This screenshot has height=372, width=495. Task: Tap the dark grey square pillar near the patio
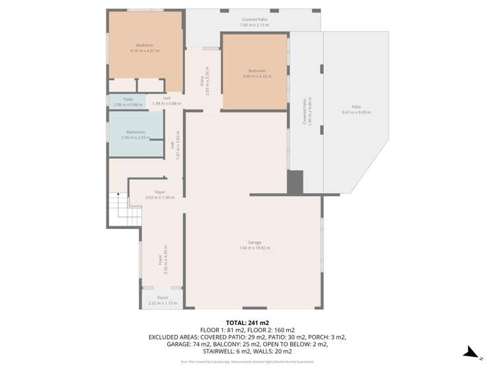point(295,182)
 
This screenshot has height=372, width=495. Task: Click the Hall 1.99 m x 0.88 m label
point(167,101)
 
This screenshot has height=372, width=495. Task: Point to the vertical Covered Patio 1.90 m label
point(306,112)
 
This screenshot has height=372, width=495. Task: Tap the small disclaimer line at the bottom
point(247,362)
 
